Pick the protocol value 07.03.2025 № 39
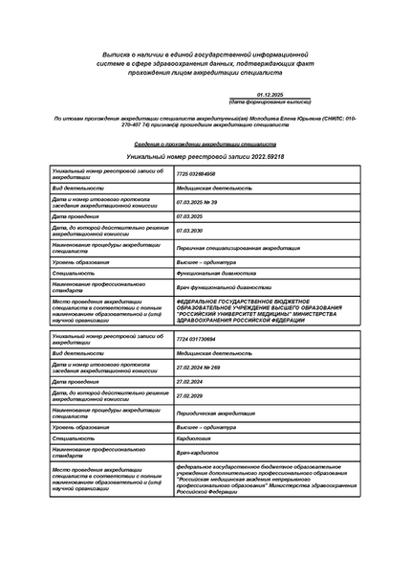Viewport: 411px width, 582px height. click(x=201, y=203)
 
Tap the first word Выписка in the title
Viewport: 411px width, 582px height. click(x=116, y=56)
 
